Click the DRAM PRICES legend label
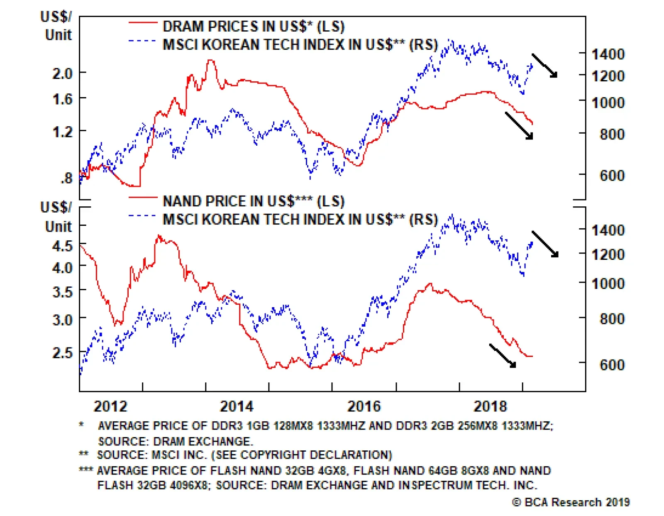pos(253,27)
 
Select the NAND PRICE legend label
pos(253,201)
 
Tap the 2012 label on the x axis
pos(110,406)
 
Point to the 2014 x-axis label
pos(237,406)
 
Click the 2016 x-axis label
pos(364,406)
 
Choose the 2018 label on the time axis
pos(490,406)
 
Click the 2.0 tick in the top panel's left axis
pos(62,73)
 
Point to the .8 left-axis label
pos(66,179)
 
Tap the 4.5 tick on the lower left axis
pos(62,246)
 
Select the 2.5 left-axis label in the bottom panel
pos(62,352)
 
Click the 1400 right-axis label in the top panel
pos(608,54)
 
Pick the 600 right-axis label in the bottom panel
pos(612,364)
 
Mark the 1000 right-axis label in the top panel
pos(608,103)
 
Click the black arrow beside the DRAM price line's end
pos(519,125)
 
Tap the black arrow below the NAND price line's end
pos(503,355)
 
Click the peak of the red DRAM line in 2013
pos(211,61)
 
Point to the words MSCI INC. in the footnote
pos(179,455)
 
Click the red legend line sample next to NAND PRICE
pos(143,198)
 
